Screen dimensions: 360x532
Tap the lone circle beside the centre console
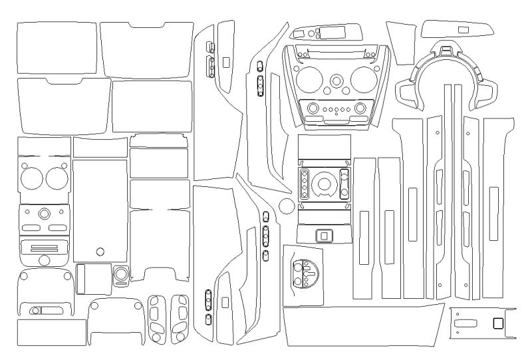pyautogui.click(x=287, y=204)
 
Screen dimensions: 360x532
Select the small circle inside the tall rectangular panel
pyautogui.click(x=100, y=252)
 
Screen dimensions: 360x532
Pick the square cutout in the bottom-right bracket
pyautogui.click(x=498, y=323)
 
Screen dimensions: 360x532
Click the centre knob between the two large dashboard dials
pyautogui.click(x=336, y=81)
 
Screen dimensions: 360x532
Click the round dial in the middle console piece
pyautogui.click(x=324, y=184)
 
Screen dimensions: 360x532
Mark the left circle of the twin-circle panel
pyautogui.click(x=31, y=178)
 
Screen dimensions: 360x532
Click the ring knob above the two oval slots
pyautogui.click(x=45, y=214)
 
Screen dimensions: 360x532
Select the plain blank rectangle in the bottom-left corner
pyautogui.click(x=51, y=332)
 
